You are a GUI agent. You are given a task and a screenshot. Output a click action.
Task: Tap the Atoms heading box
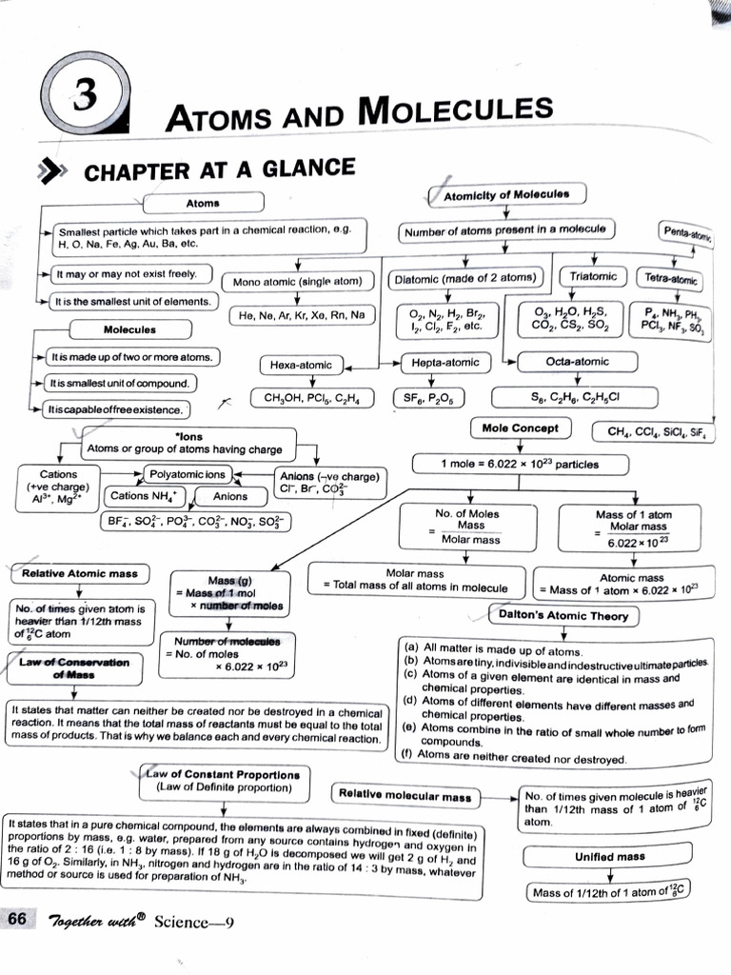click(x=202, y=203)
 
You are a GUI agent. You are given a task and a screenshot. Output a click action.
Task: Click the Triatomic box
click(x=593, y=277)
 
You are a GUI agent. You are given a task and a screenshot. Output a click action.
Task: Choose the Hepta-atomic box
click(x=445, y=362)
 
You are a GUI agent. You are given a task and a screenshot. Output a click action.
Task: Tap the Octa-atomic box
click(x=577, y=362)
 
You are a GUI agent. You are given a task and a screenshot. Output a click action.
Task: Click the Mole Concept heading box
click(x=520, y=428)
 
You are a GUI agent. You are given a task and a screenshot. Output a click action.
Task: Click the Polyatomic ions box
click(x=188, y=474)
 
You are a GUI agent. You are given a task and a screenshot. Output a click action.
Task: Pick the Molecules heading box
click(x=129, y=329)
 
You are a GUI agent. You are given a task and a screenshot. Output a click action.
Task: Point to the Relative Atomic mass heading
click(x=79, y=573)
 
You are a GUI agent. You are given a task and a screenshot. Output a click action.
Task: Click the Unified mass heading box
click(x=609, y=856)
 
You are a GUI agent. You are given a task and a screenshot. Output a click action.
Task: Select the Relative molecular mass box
click(x=405, y=795)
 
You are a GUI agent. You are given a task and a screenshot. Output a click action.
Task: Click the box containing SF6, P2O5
click(x=424, y=397)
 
